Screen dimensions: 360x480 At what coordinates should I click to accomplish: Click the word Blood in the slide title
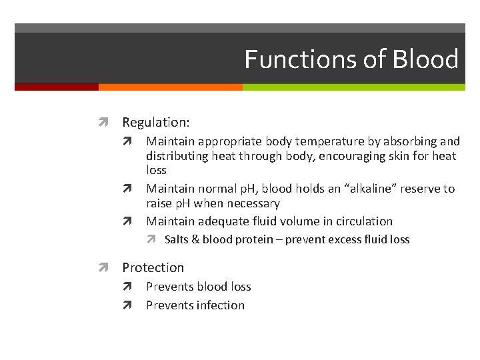pyautogui.click(x=425, y=59)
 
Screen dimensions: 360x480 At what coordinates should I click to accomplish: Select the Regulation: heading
pyautogui.click(x=156, y=123)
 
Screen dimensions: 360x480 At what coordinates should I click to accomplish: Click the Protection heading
pyautogui.click(x=153, y=267)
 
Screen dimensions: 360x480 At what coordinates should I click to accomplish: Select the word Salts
pyautogui.click(x=177, y=239)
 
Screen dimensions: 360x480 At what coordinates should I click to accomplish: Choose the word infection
pyautogui.click(x=220, y=305)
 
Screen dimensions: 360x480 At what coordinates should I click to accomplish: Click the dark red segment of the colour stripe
pyautogui.click(x=56, y=87)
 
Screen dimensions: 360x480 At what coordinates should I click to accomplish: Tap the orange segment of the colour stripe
pyautogui.click(x=170, y=87)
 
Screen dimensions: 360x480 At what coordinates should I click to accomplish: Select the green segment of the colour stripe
pyautogui.click(x=353, y=87)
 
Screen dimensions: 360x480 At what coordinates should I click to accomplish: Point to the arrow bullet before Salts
pyautogui.click(x=152, y=239)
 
